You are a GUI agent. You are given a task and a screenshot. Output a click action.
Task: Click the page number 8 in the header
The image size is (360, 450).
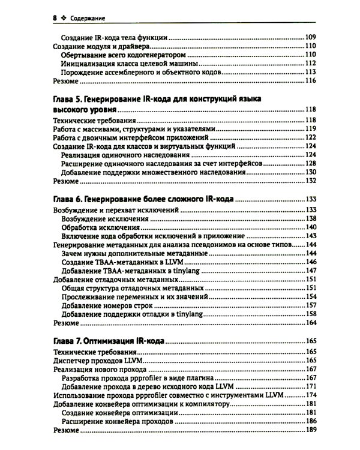[55, 18]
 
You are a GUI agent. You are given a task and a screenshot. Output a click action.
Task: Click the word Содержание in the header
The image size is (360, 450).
[87, 18]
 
